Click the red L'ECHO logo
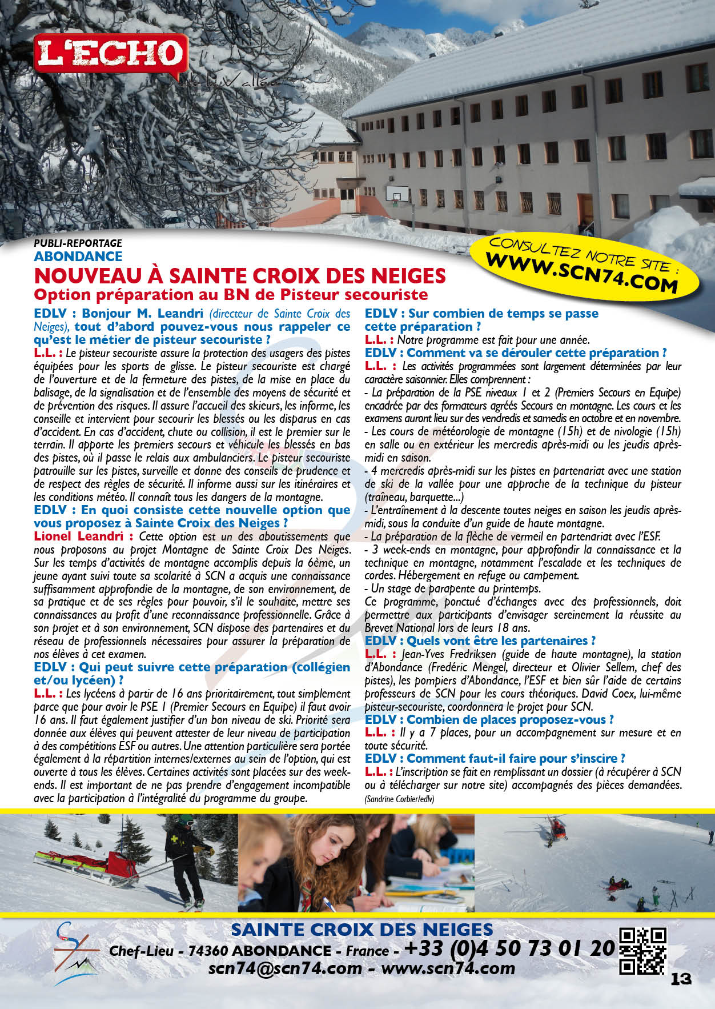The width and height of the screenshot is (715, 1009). click(110, 54)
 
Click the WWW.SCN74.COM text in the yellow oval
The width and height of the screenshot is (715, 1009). click(581, 273)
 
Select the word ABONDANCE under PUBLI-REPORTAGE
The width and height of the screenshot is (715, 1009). click(78, 257)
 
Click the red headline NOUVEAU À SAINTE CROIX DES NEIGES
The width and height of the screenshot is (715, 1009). click(240, 276)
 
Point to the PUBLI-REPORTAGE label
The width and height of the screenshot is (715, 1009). click(78, 243)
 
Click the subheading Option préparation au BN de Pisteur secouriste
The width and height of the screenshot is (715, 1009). click(231, 295)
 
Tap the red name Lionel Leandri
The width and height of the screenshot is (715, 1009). click(78, 536)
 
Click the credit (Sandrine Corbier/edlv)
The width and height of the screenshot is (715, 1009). click(399, 799)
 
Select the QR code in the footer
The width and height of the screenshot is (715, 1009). click(643, 951)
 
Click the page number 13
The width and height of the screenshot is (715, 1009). click(681, 979)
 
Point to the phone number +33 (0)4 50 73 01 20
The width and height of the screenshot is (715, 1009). click(509, 948)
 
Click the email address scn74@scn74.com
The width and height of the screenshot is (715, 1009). click(285, 968)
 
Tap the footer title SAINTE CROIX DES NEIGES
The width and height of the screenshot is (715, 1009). click(361, 930)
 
